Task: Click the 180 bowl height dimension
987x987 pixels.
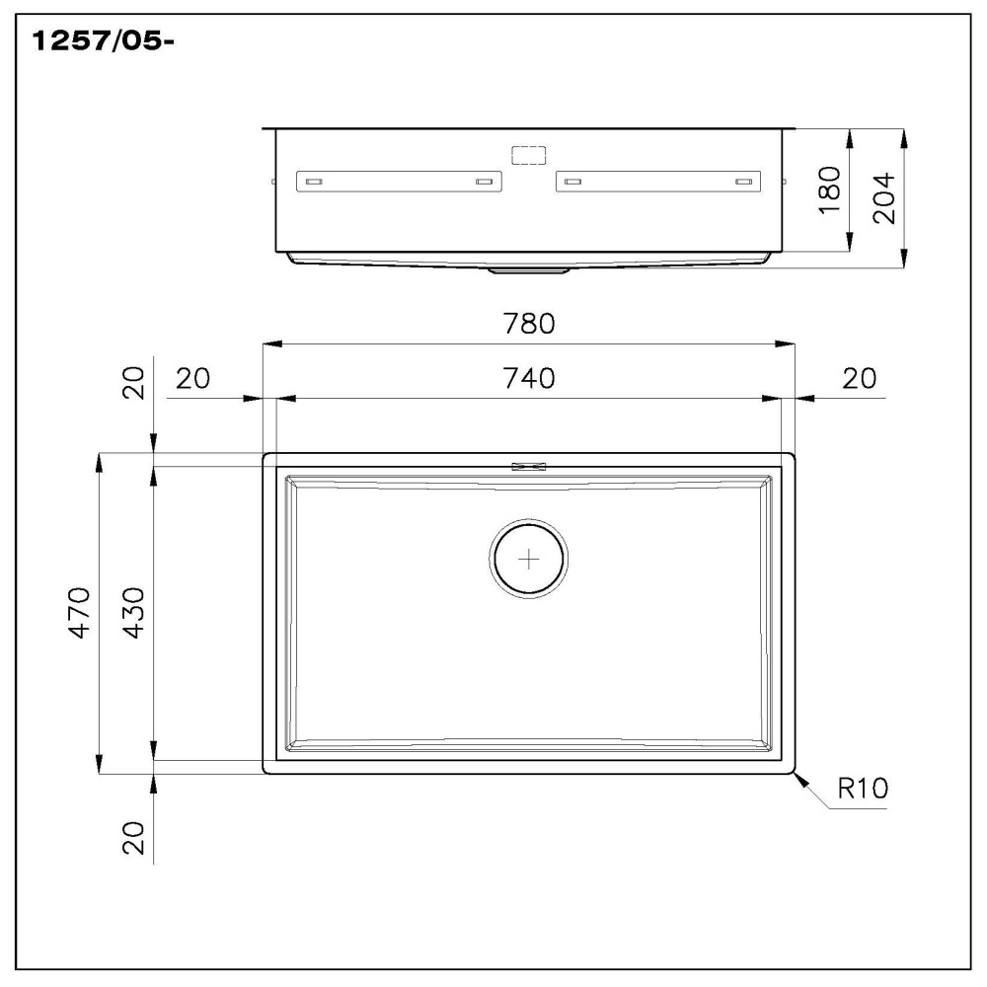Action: (x=829, y=190)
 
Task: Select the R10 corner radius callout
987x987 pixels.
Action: (x=863, y=788)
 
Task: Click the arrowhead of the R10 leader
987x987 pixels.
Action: (x=800, y=779)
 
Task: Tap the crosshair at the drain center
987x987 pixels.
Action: (x=529, y=560)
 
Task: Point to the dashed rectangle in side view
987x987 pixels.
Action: (x=528, y=155)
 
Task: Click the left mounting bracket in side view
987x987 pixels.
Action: (x=399, y=182)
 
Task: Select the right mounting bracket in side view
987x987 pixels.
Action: (x=658, y=182)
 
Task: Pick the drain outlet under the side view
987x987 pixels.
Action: (x=528, y=267)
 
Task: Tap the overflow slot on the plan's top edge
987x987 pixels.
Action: (x=528, y=467)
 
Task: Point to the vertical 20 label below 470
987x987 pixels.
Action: (x=134, y=838)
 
